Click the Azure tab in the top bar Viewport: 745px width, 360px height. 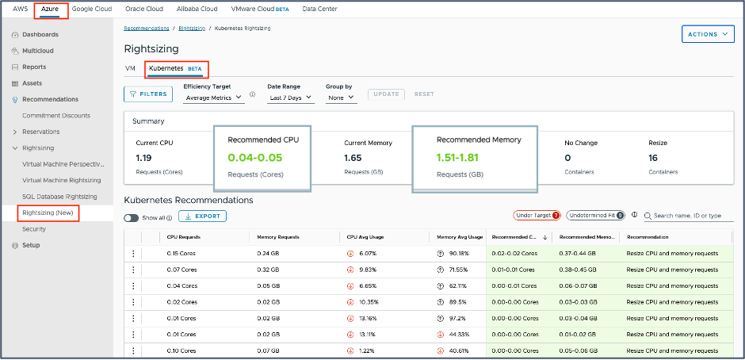pyautogui.click(x=50, y=9)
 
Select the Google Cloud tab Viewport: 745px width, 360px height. pyautogui.click(x=93, y=9)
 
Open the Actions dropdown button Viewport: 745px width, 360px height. pyautogui.click(x=708, y=34)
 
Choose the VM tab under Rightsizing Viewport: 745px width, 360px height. pyautogui.click(x=130, y=69)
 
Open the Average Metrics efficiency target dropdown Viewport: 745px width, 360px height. pyautogui.click(x=213, y=98)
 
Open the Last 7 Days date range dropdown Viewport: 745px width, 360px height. pyautogui.click(x=290, y=98)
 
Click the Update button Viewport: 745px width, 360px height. pyautogui.click(x=386, y=94)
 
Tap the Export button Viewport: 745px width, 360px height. pyautogui.click(x=202, y=216)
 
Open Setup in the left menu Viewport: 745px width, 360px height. pyautogui.click(x=31, y=245)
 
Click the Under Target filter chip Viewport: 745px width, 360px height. pyautogui.click(x=537, y=215)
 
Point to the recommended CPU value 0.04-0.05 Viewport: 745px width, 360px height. pyautogui.click(x=255, y=158)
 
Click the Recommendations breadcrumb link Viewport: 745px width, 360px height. pyautogui.click(x=147, y=28)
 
